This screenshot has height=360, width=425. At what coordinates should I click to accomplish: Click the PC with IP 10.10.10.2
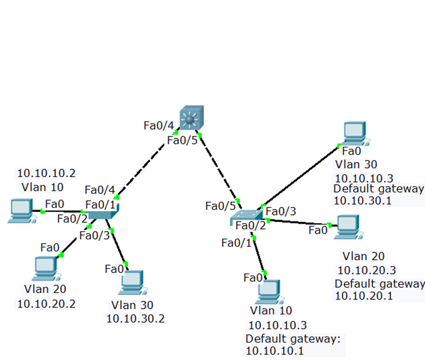(20, 211)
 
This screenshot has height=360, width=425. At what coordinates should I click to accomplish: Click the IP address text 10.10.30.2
(136, 319)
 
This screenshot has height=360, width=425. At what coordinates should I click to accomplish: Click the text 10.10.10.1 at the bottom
(275, 350)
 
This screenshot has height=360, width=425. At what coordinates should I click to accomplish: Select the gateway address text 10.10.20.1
(364, 296)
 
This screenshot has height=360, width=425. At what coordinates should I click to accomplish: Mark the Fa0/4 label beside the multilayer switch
(159, 126)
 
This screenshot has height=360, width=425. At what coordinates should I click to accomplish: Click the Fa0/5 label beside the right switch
(221, 206)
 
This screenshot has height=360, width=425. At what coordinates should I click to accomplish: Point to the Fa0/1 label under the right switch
(237, 242)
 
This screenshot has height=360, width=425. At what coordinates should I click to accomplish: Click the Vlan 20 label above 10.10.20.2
(45, 289)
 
